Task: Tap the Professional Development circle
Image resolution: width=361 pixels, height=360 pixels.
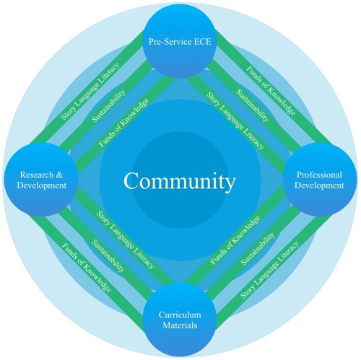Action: pyautogui.click(x=319, y=180)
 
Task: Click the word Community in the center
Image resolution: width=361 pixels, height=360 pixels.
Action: pyautogui.click(x=180, y=180)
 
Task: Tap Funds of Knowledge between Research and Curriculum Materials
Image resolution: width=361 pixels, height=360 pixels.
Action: pyautogui.click(x=87, y=271)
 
